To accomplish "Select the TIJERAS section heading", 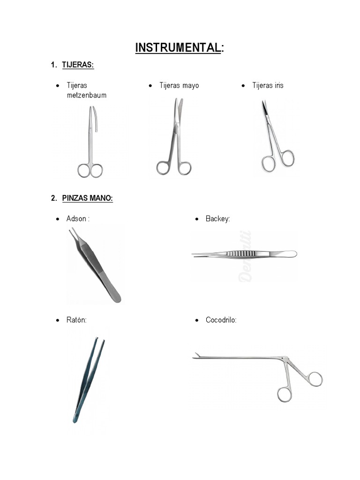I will pos(78,65).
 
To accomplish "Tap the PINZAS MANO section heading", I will pos(87,198).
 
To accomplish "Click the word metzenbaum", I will pos(87,95).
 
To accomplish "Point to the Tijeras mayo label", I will pos(179,85).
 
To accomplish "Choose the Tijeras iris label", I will pos(268,85).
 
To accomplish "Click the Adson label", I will pos(77,219).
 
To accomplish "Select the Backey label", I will pos(218,219).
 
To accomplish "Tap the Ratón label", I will pos(76,320).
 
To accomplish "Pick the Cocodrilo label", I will pos(221,320).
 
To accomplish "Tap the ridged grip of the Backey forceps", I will pos(241,254).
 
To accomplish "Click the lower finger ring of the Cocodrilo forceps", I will pos(284,394).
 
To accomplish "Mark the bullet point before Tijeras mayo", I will pos(150,86).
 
